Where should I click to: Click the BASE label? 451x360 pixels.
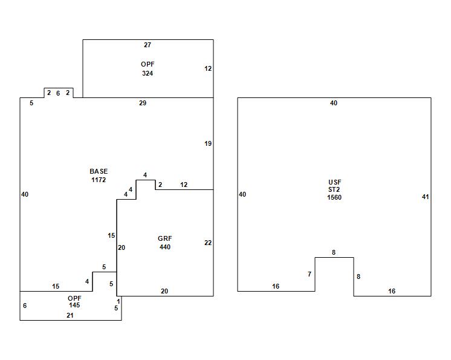point(99,172)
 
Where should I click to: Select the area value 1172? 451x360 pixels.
point(99,180)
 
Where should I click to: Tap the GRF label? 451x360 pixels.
point(164,239)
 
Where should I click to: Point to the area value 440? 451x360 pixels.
point(164,247)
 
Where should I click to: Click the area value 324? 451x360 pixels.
point(148,73)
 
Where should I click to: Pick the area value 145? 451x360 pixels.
point(74,305)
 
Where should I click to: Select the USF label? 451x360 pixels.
point(334,182)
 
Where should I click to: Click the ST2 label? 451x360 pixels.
point(334,189)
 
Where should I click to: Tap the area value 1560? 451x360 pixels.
point(334,197)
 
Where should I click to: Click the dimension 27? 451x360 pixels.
point(148,45)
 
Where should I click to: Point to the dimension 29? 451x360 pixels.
point(143,103)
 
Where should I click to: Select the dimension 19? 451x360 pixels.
point(208,143)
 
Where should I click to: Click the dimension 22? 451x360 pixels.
point(208,243)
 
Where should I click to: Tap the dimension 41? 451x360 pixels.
point(425,197)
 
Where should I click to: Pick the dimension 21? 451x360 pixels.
point(70,315)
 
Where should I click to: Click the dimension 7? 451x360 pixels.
point(310,274)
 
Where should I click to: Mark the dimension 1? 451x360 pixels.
point(118,301)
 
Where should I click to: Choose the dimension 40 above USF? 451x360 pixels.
point(334,103)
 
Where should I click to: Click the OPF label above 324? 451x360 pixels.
point(148,64)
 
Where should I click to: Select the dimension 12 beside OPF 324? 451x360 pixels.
point(208,68)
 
